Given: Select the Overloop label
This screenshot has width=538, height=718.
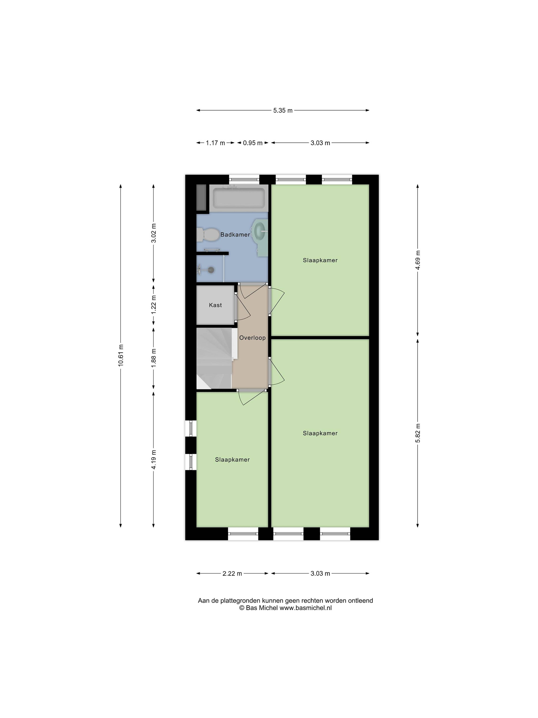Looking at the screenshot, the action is coord(252,338).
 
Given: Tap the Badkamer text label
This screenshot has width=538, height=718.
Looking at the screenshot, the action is coord(235,234).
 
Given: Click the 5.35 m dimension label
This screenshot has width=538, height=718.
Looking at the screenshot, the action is coord(283,110).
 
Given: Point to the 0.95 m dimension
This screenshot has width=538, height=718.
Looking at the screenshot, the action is coord(253,143).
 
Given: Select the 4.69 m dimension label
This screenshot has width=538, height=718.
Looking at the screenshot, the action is coord(418,260).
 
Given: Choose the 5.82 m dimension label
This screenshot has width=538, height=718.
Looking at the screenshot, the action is coord(418,433).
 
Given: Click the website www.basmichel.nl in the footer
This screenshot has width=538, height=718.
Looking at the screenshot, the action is coord(305,608).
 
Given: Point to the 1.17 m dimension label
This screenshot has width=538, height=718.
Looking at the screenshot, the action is coord(215,143).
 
